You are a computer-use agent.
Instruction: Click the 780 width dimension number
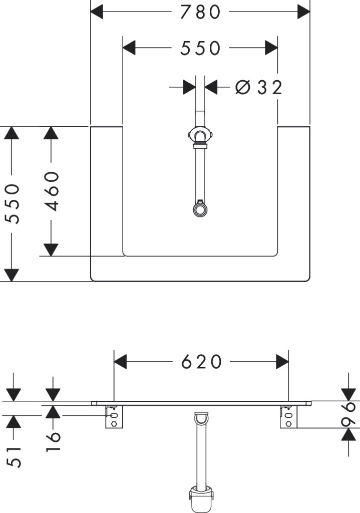pos(200,12)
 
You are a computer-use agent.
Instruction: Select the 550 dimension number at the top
pos(200,48)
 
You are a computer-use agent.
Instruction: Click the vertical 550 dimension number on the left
pos(12,203)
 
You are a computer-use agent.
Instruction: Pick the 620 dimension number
pos(201,362)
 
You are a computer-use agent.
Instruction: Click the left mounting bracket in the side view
pos(114,417)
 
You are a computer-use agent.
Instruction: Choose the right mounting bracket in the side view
pos(288,417)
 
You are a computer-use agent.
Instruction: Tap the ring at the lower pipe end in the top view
pos(200,209)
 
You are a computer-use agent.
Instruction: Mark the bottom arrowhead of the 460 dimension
pos(51,249)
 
